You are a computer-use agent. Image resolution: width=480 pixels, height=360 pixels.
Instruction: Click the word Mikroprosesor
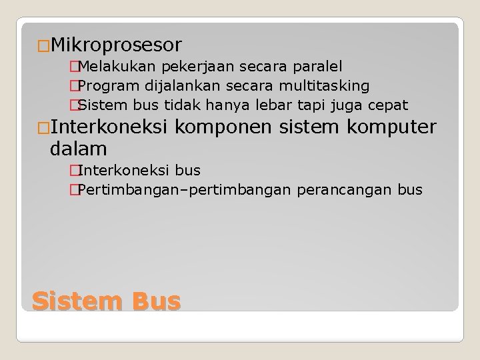115,45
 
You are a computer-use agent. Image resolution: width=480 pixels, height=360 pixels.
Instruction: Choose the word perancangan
341,189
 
